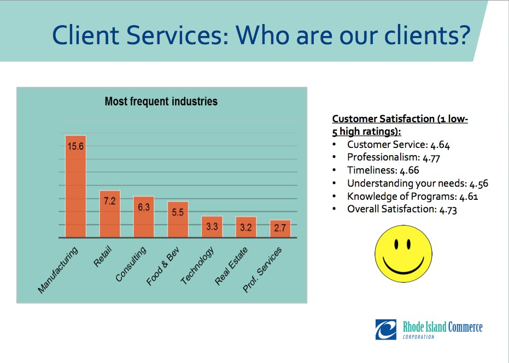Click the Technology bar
[x=212, y=227]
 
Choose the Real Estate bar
[x=245, y=228]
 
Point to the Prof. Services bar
[x=280, y=229]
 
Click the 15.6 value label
[x=75, y=146]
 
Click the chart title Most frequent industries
[x=161, y=102]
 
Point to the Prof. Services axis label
[x=263, y=269]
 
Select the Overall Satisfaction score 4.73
[x=448, y=209]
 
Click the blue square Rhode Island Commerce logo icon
[x=385, y=329]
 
